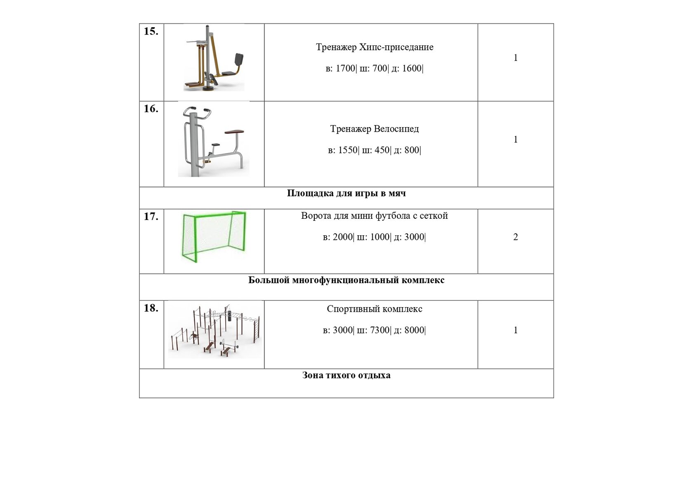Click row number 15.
(151, 31)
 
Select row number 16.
(151, 109)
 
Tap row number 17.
(151, 216)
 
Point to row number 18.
(151, 308)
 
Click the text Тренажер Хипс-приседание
(375, 47)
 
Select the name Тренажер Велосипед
(375, 129)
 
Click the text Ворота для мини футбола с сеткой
(375, 215)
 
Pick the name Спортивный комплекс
(375, 309)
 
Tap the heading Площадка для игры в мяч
(346, 193)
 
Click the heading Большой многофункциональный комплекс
(346, 280)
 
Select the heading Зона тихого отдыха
(346, 375)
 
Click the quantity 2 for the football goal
(515, 237)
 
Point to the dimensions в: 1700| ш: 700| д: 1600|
(375, 69)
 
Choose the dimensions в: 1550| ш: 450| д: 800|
(375, 150)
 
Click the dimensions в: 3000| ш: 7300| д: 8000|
(375, 330)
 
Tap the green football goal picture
(214, 237)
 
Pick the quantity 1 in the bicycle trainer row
(515, 140)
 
